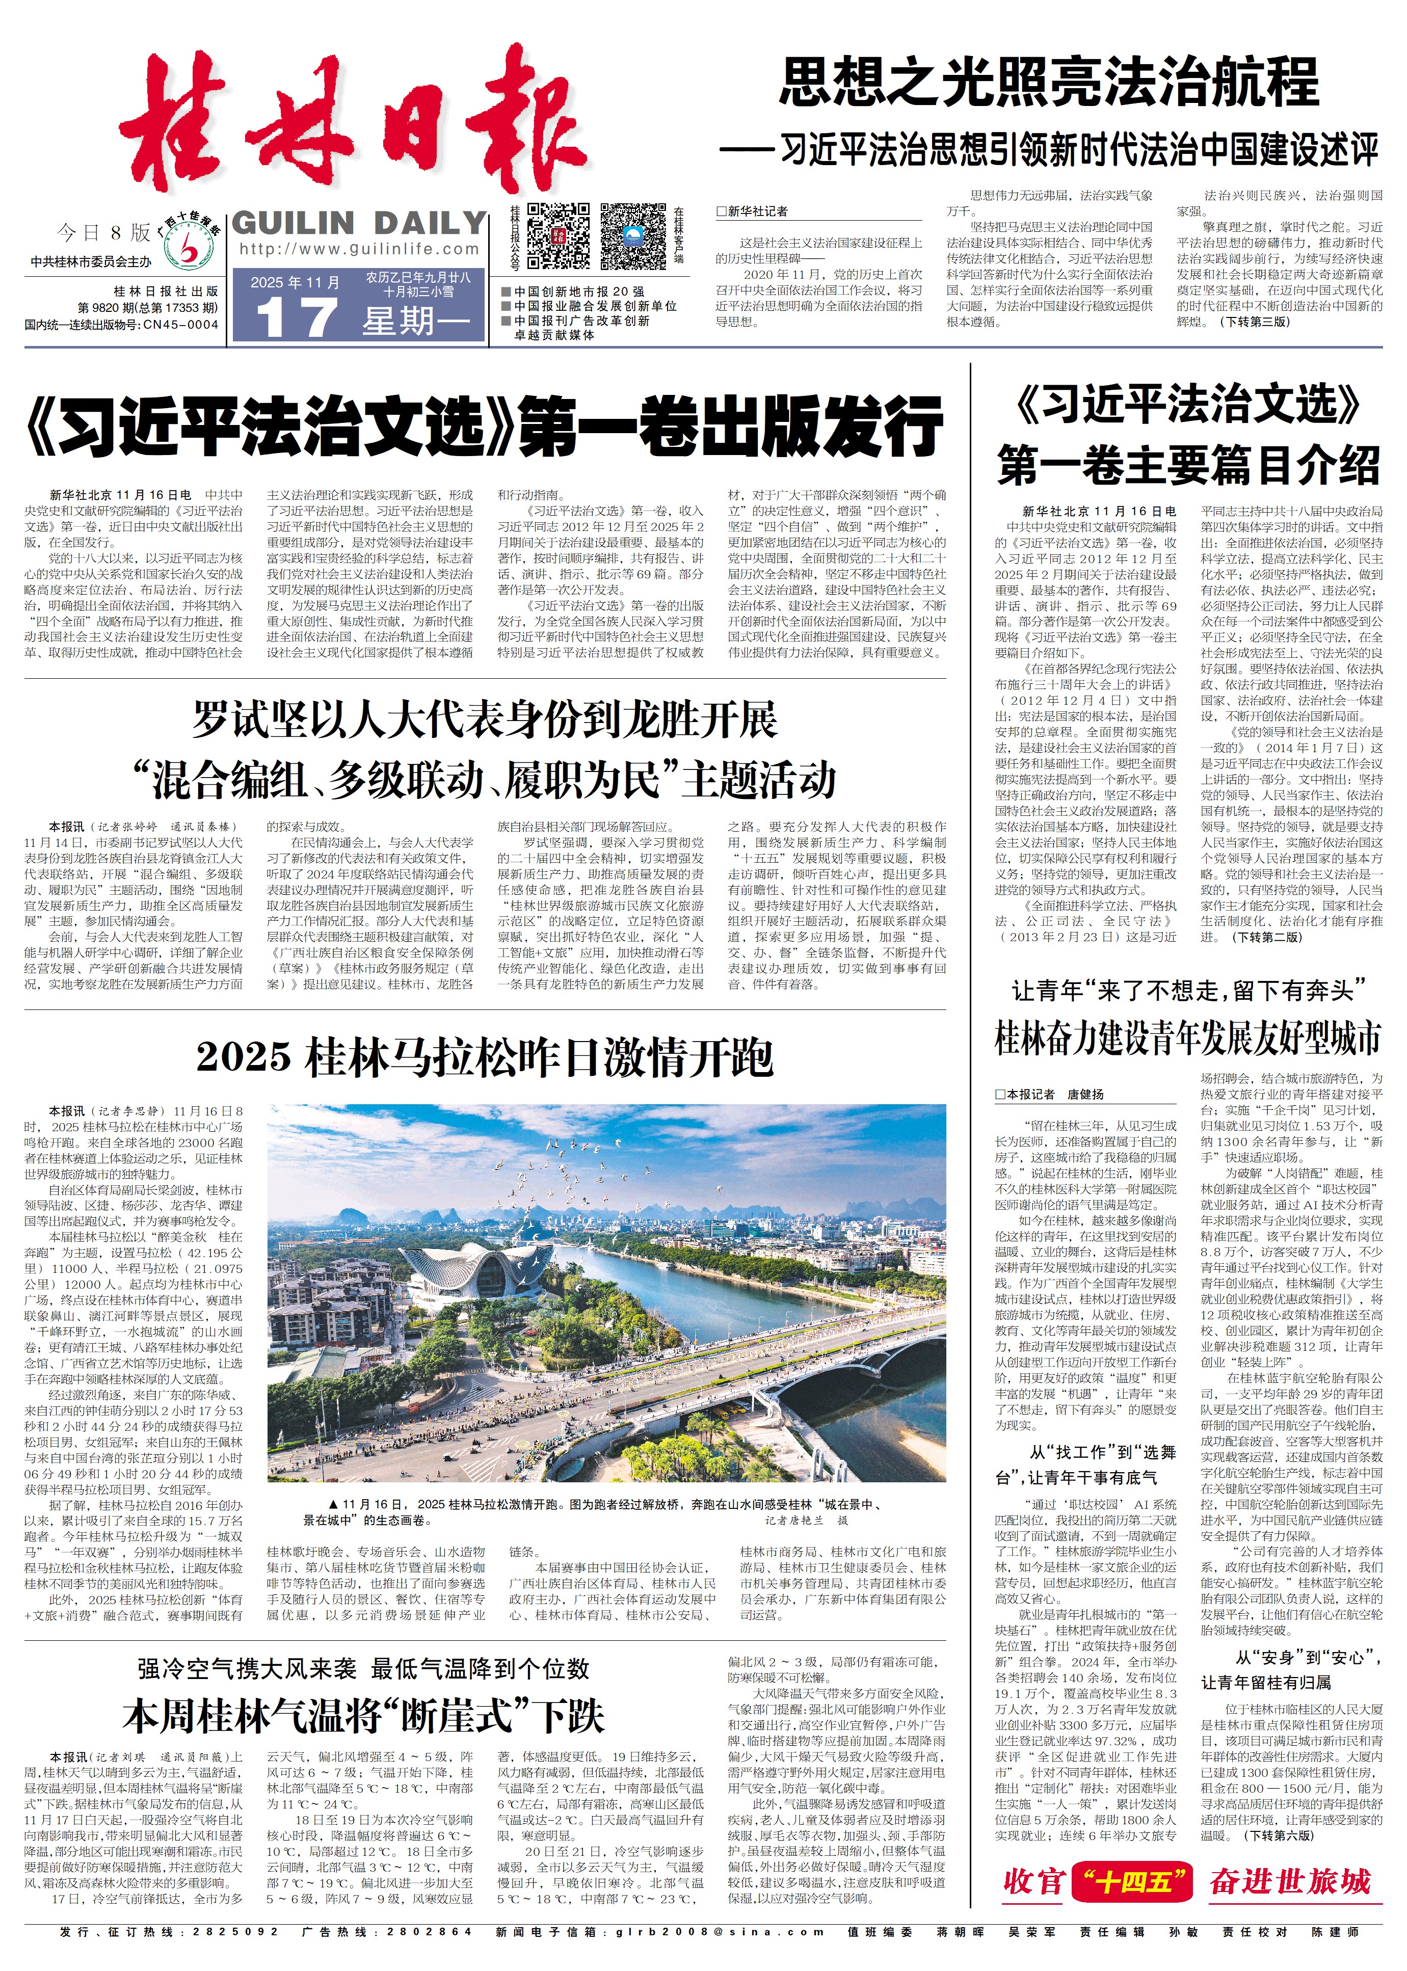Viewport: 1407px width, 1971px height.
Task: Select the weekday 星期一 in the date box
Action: coord(417,322)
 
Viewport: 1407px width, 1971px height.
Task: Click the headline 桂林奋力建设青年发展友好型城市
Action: coord(1187,1038)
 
